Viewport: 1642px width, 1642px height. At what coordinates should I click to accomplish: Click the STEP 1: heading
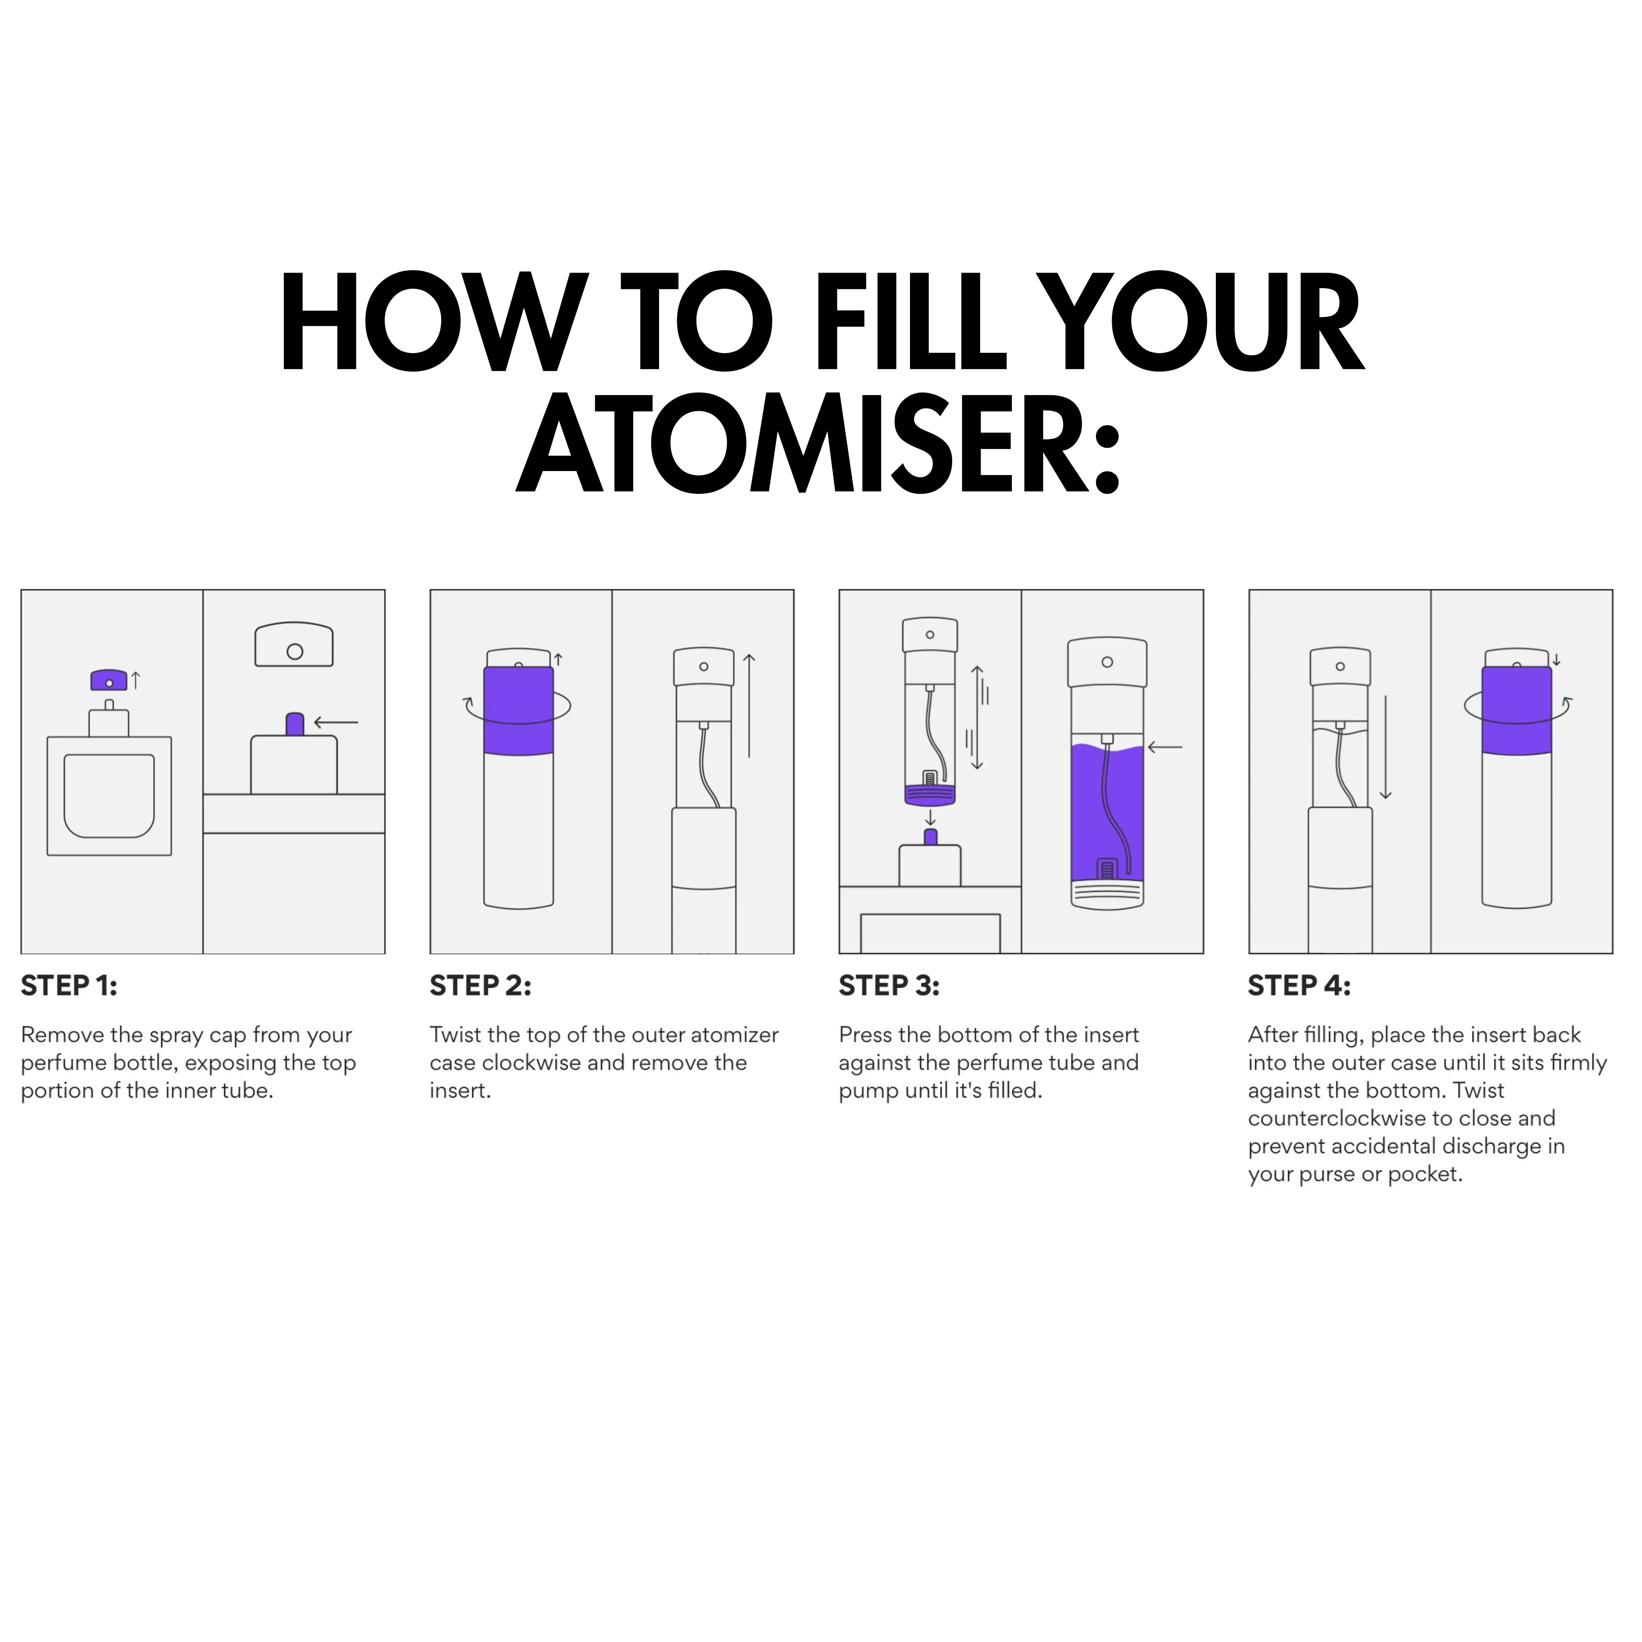tap(69, 986)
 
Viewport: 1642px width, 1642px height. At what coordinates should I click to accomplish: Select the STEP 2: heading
tap(480, 986)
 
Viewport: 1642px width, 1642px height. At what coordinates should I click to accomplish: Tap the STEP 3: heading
tap(889, 986)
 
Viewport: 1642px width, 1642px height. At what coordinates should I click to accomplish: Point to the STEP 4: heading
tap(1298, 986)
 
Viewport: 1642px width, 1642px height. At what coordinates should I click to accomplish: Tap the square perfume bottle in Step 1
tap(109, 782)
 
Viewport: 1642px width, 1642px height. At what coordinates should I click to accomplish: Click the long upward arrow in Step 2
tap(749, 706)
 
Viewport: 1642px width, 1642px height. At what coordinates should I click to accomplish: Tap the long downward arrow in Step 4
tap(1385, 748)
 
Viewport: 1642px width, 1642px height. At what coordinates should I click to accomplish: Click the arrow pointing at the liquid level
tap(1165, 747)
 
